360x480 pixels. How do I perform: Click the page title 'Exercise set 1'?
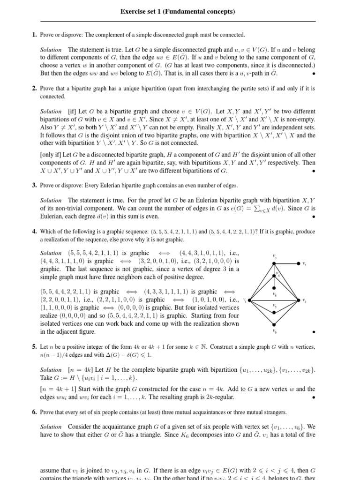tap(177, 11)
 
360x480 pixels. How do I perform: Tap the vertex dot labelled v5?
tap(274, 311)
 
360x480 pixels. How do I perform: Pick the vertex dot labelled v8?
tap(274, 289)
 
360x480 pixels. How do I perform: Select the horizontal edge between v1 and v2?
tap(262, 300)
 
